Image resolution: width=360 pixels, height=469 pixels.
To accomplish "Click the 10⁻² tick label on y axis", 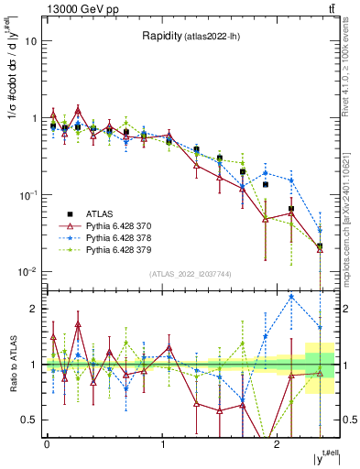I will click(x=30, y=272).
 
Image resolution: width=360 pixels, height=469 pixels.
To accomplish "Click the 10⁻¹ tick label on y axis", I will click(x=30, y=195).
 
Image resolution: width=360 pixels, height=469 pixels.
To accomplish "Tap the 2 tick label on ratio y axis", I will click(x=35, y=309).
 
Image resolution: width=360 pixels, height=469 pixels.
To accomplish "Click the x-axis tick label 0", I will click(x=47, y=443).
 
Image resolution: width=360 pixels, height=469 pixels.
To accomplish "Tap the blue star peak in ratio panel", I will click(x=291, y=297).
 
